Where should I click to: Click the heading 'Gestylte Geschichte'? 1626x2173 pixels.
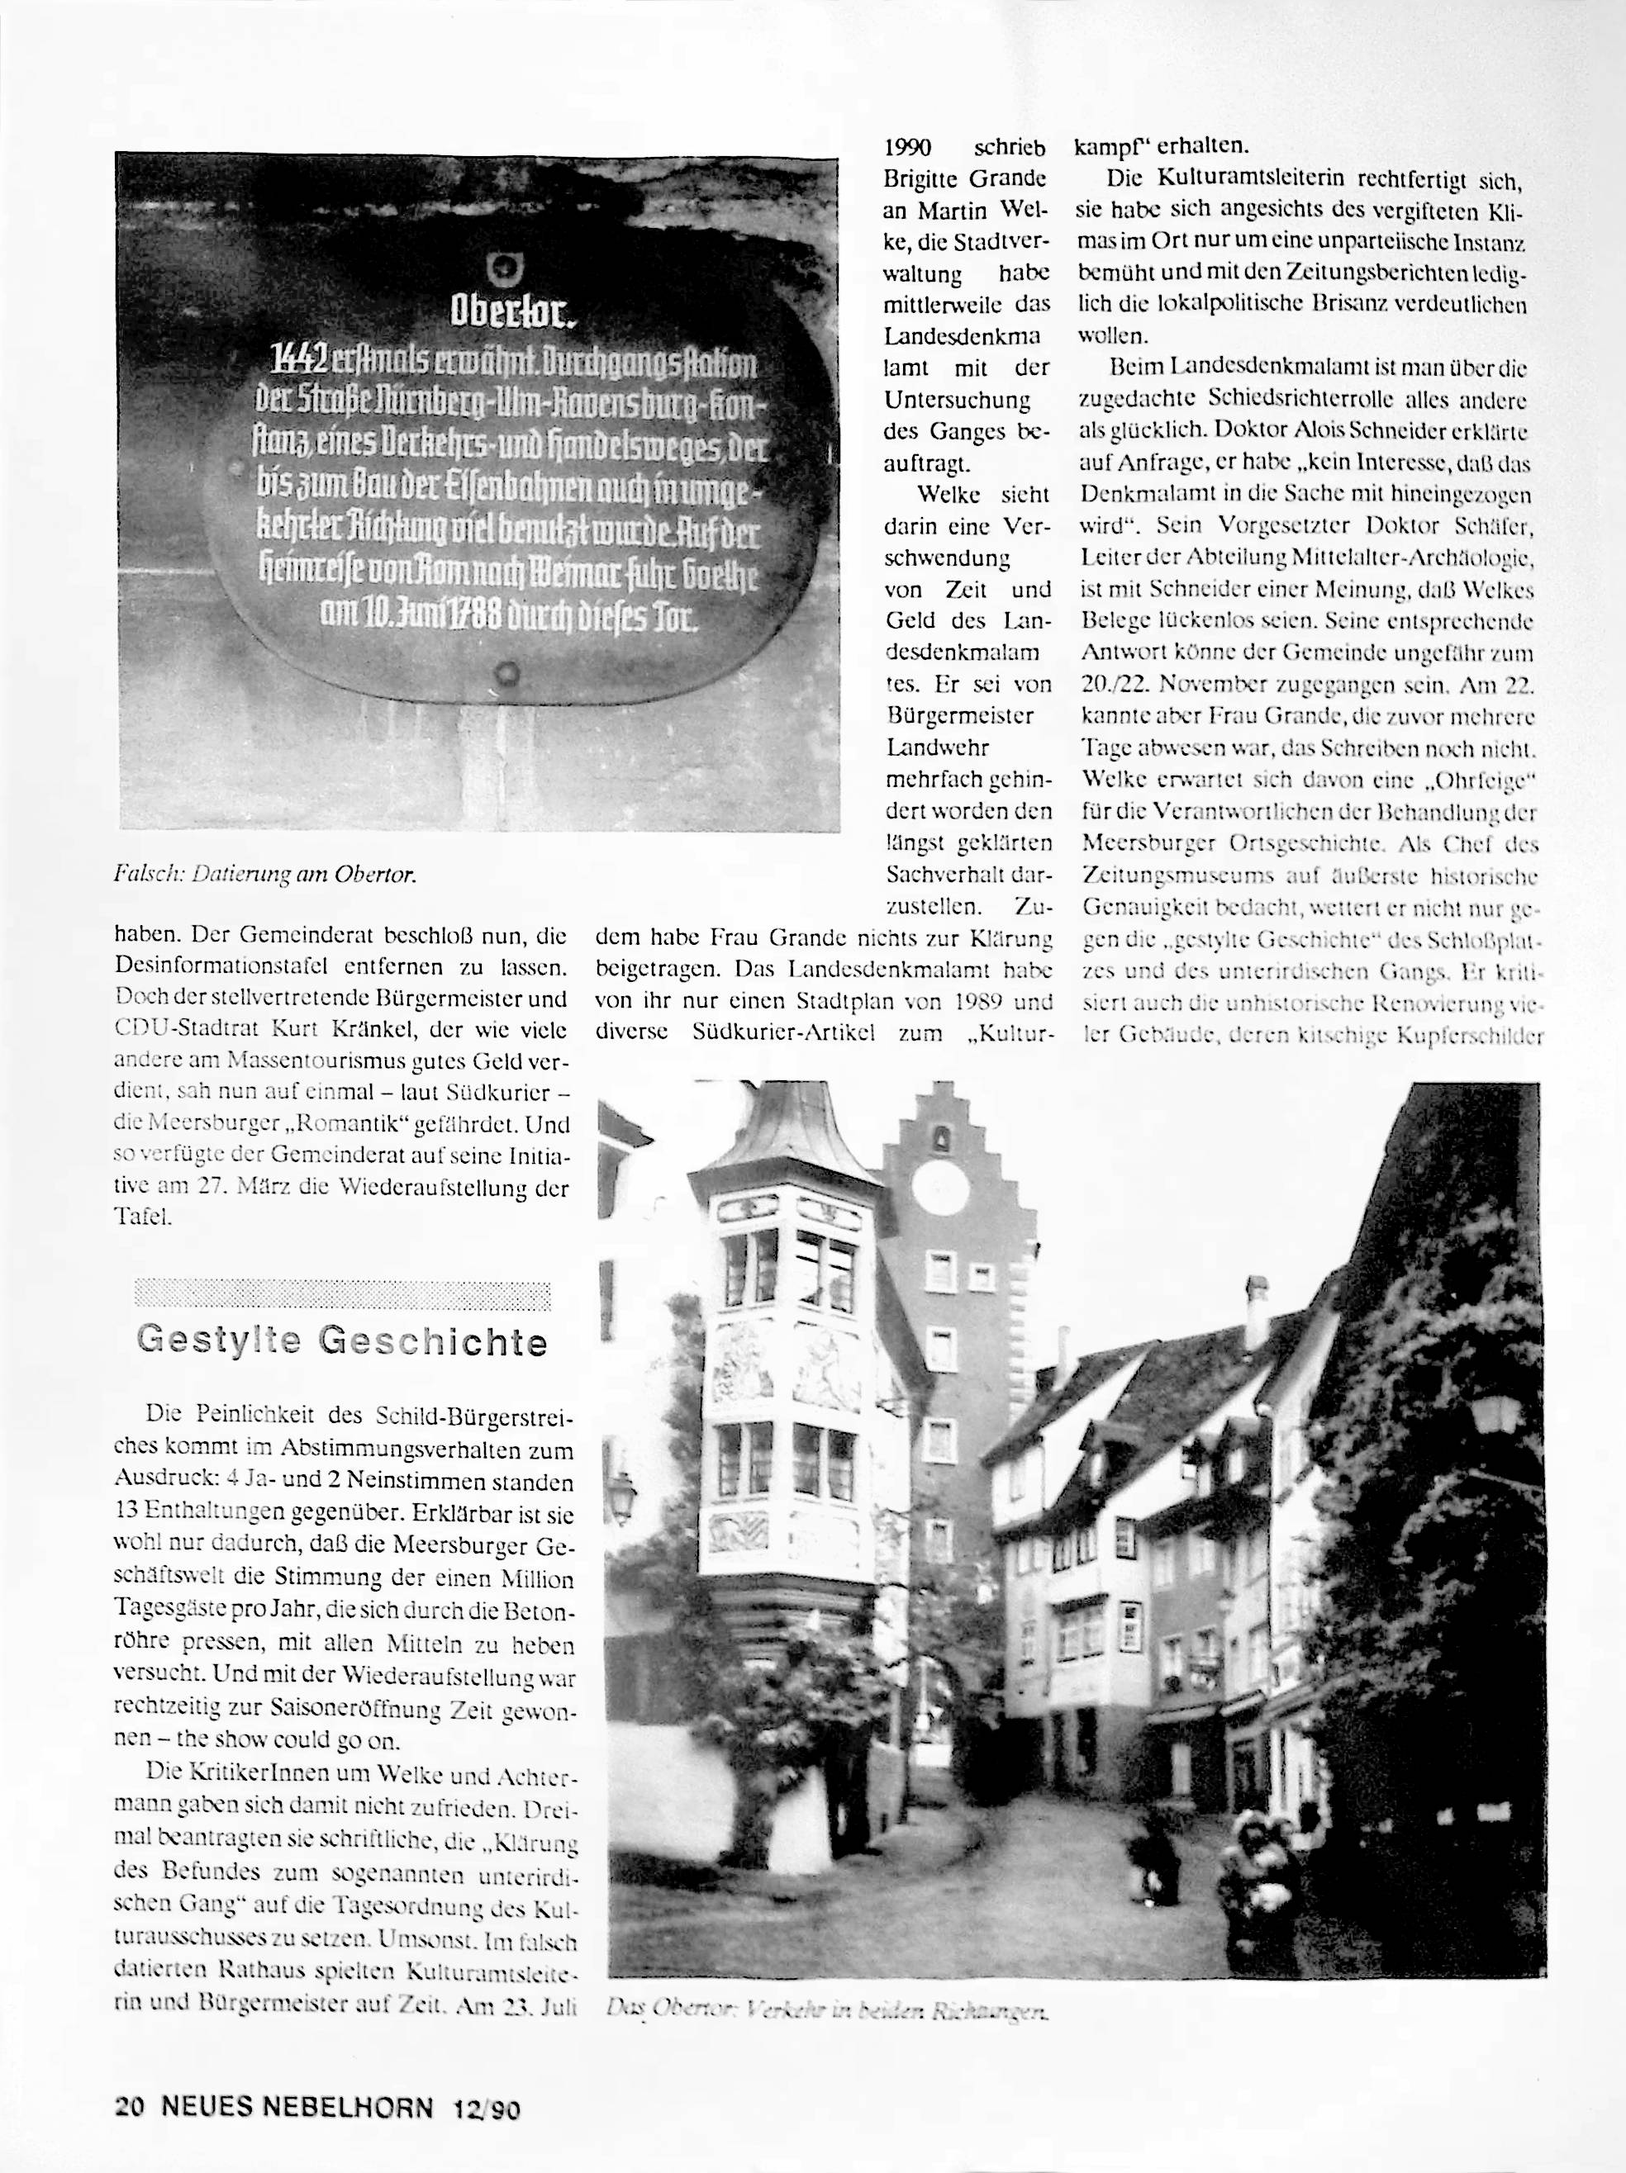[342, 1341]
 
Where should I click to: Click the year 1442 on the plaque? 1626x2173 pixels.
[301, 363]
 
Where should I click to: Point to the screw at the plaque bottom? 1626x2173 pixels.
[507, 674]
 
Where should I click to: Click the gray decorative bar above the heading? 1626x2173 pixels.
[342, 1295]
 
